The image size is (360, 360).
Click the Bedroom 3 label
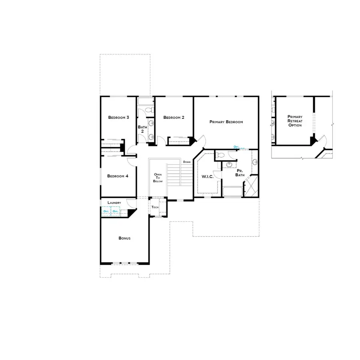(118, 118)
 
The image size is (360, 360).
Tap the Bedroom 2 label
(174, 118)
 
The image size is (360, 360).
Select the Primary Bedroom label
(226, 122)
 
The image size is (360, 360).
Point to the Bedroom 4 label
(117, 176)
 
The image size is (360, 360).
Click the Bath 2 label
(142, 129)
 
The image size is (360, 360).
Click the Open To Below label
(158, 178)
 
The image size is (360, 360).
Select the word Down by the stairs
(187, 162)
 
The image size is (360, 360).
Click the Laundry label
(114, 203)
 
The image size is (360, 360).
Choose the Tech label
(155, 207)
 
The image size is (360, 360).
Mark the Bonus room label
(124, 238)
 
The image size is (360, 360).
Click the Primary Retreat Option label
(294, 121)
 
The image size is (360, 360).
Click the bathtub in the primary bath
(232, 192)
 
